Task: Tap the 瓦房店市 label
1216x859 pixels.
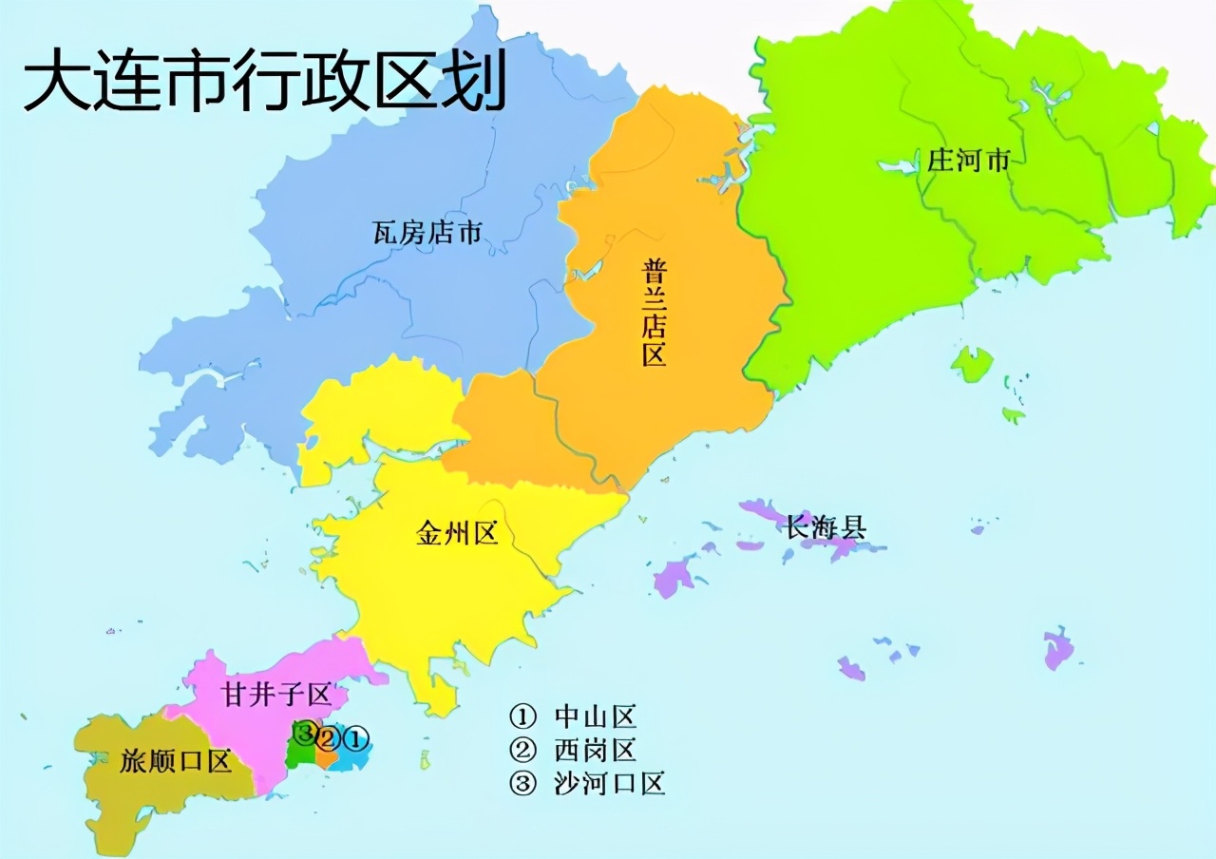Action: (427, 232)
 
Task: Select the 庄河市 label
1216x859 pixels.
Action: (969, 161)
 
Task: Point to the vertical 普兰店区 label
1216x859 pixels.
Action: (653, 312)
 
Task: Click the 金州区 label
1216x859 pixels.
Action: (457, 533)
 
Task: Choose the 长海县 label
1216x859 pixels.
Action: (826, 527)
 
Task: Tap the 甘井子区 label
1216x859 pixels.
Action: (276, 695)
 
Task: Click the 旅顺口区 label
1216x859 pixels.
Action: (177, 761)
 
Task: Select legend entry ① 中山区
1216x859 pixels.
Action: (573, 716)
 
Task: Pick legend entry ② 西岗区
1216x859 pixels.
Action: (573, 750)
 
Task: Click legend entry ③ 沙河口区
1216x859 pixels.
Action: (587, 783)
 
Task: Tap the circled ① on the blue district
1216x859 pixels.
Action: (354, 736)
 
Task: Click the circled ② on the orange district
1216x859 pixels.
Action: (328, 736)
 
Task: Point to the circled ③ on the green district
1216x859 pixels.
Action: (304, 732)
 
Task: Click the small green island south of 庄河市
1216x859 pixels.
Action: (972, 363)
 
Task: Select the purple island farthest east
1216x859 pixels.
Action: (1057, 648)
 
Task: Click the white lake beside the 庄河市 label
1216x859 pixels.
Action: (897, 167)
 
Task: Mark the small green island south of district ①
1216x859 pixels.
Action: (425, 759)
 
